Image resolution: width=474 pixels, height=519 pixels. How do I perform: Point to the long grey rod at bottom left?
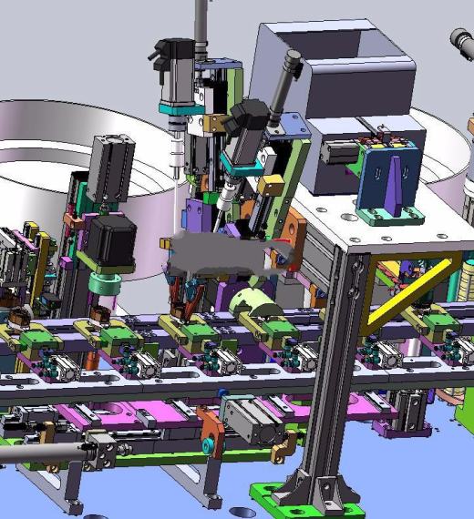pos(41,452)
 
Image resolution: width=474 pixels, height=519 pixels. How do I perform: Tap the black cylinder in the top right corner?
pos(462,41)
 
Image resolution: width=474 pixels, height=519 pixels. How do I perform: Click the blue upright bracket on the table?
pos(390,178)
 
